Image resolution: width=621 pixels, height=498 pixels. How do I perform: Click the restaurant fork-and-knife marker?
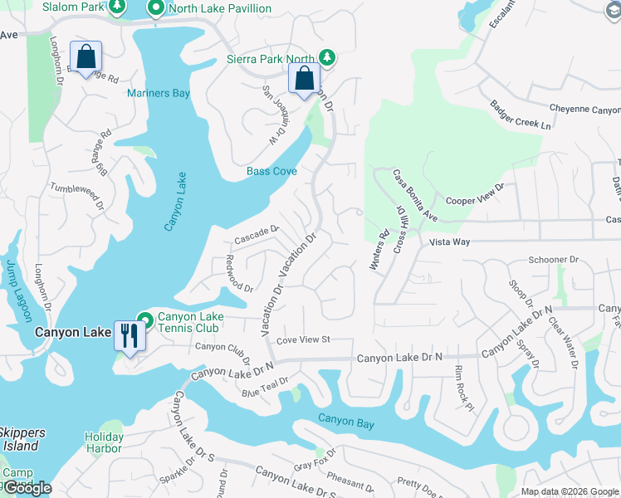(x=128, y=336)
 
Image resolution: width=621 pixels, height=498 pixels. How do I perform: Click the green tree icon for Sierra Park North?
(x=328, y=57)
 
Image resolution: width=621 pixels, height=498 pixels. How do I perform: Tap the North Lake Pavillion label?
(x=219, y=9)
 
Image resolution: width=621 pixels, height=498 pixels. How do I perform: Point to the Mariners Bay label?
(x=159, y=93)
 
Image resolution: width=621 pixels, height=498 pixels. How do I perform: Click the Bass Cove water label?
(x=271, y=172)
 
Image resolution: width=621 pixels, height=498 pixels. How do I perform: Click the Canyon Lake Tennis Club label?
(x=188, y=322)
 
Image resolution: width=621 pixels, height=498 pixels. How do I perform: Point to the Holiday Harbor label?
(x=104, y=442)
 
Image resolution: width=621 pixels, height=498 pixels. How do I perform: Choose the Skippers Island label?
(x=19, y=439)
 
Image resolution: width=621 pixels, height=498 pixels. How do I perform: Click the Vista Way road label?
(x=450, y=242)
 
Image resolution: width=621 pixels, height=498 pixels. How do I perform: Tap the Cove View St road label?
(x=303, y=339)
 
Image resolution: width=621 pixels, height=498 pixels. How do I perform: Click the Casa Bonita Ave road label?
(x=415, y=196)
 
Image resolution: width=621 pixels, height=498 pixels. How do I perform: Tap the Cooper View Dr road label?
(x=475, y=194)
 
